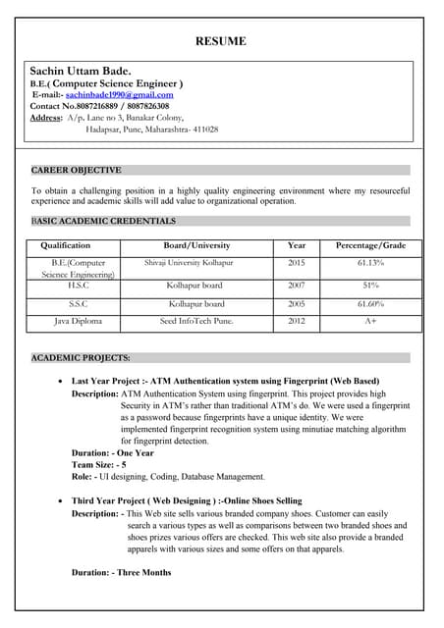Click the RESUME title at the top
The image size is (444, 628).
[x=221, y=41]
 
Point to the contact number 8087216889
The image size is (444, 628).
[x=101, y=106]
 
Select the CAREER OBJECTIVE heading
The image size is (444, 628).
[x=77, y=170]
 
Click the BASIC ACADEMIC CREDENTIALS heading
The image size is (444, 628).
[x=103, y=221]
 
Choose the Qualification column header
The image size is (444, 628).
[x=66, y=245]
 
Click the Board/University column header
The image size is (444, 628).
[x=196, y=245]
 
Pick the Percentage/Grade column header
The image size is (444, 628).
[x=371, y=245]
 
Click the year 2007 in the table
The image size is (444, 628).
[x=297, y=286]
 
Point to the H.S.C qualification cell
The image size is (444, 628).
[x=72, y=286]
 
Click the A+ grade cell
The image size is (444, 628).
[x=371, y=321]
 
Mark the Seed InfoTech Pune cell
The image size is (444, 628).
[x=196, y=321]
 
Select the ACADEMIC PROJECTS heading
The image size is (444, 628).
[x=81, y=358]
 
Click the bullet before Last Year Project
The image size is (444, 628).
[x=63, y=381]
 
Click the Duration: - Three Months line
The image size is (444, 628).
[x=121, y=572]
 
